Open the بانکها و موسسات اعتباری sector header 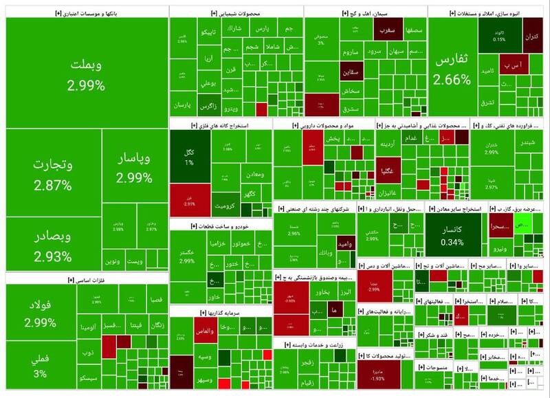[x=86, y=13]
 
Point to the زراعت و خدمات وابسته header [x=316, y=344]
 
